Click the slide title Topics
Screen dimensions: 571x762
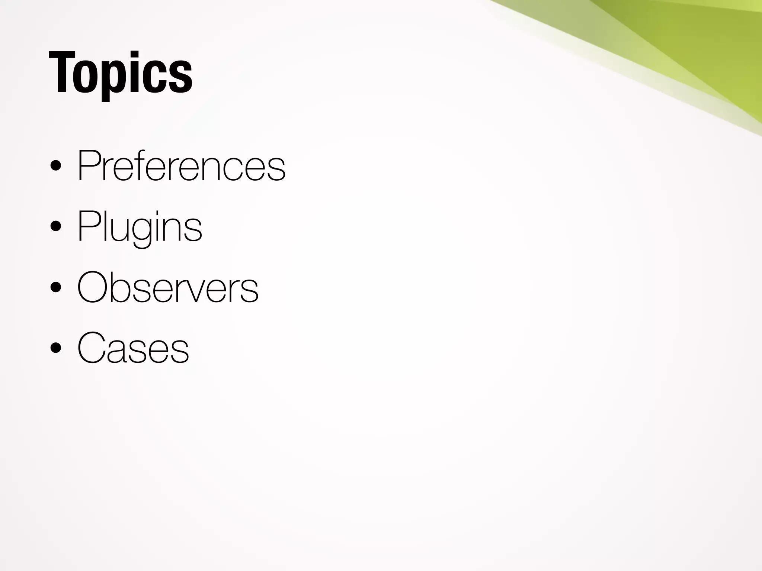click(x=120, y=73)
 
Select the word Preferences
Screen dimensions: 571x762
click(x=181, y=165)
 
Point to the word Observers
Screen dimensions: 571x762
click(x=167, y=287)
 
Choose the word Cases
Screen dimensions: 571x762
click(x=133, y=348)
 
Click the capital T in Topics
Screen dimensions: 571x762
click(x=61, y=72)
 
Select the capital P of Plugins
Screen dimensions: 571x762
click(x=88, y=226)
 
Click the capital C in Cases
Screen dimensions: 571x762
click(x=92, y=348)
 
